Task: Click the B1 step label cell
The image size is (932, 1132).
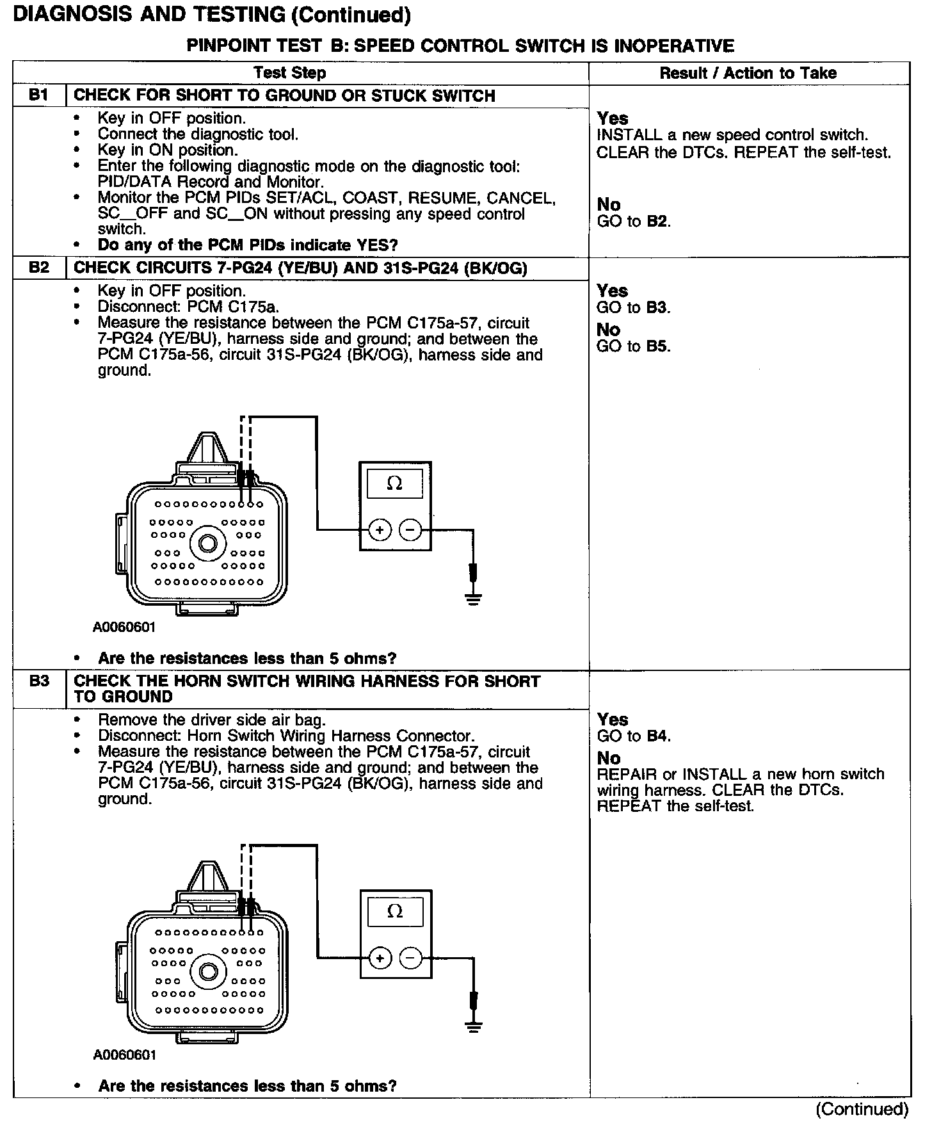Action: click(39, 95)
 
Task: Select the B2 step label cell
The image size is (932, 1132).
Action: click(39, 268)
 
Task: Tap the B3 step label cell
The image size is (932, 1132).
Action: click(39, 681)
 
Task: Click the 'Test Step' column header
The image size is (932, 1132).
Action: click(290, 73)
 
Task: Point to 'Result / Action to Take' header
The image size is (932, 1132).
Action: click(748, 73)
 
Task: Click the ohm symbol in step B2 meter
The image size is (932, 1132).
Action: click(395, 483)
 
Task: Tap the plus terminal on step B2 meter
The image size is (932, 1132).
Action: click(380, 530)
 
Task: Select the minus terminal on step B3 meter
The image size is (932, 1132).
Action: click(411, 958)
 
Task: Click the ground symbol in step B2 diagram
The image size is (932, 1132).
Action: click(473, 599)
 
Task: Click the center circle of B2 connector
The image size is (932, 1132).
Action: click(208, 544)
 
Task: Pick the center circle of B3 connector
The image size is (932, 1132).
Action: click(208, 971)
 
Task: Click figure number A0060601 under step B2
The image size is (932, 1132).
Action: click(124, 627)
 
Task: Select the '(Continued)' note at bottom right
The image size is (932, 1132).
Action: click(862, 1109)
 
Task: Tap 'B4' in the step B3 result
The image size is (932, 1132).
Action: click(658, 736)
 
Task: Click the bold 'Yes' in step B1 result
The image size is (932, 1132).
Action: click(613, 118)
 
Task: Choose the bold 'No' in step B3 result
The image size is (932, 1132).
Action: click(609, 758)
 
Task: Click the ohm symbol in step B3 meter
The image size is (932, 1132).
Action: click(396, 911)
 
